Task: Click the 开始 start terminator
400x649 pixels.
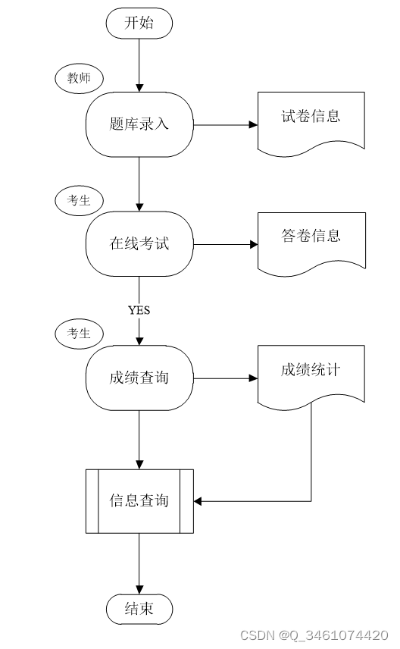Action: [x=139, y=24]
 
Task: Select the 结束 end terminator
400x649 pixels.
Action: [x=139, y=609]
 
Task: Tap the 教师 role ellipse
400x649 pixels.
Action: [x=79, y=78]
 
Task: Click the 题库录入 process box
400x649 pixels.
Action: [x=139, y=124]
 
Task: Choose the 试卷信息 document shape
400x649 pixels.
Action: [x=311, y=124]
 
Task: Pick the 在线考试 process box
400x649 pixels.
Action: [x=139, y=244]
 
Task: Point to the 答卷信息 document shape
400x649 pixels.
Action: [x=311, y=243]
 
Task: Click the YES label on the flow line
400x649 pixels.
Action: [x=139, y=310]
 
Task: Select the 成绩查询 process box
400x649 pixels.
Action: [x=139, y=378]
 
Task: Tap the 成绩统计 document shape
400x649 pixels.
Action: [x=311, y=377]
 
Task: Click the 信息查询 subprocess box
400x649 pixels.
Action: [x=139, y=501]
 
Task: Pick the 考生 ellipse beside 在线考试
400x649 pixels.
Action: [x=79, y=201]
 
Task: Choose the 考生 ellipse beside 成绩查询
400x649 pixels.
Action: [x=79, y=333]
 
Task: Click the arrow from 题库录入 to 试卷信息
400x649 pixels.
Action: [x=226, y=124]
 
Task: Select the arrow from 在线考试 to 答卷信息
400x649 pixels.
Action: [x=226, y=244]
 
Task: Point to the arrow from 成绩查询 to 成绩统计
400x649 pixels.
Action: [x=226, y=378]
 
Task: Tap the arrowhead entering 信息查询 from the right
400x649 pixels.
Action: [x=197, y=501]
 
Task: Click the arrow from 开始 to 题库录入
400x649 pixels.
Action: [x=139, y=65]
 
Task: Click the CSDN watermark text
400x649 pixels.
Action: [x=314, y=635]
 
